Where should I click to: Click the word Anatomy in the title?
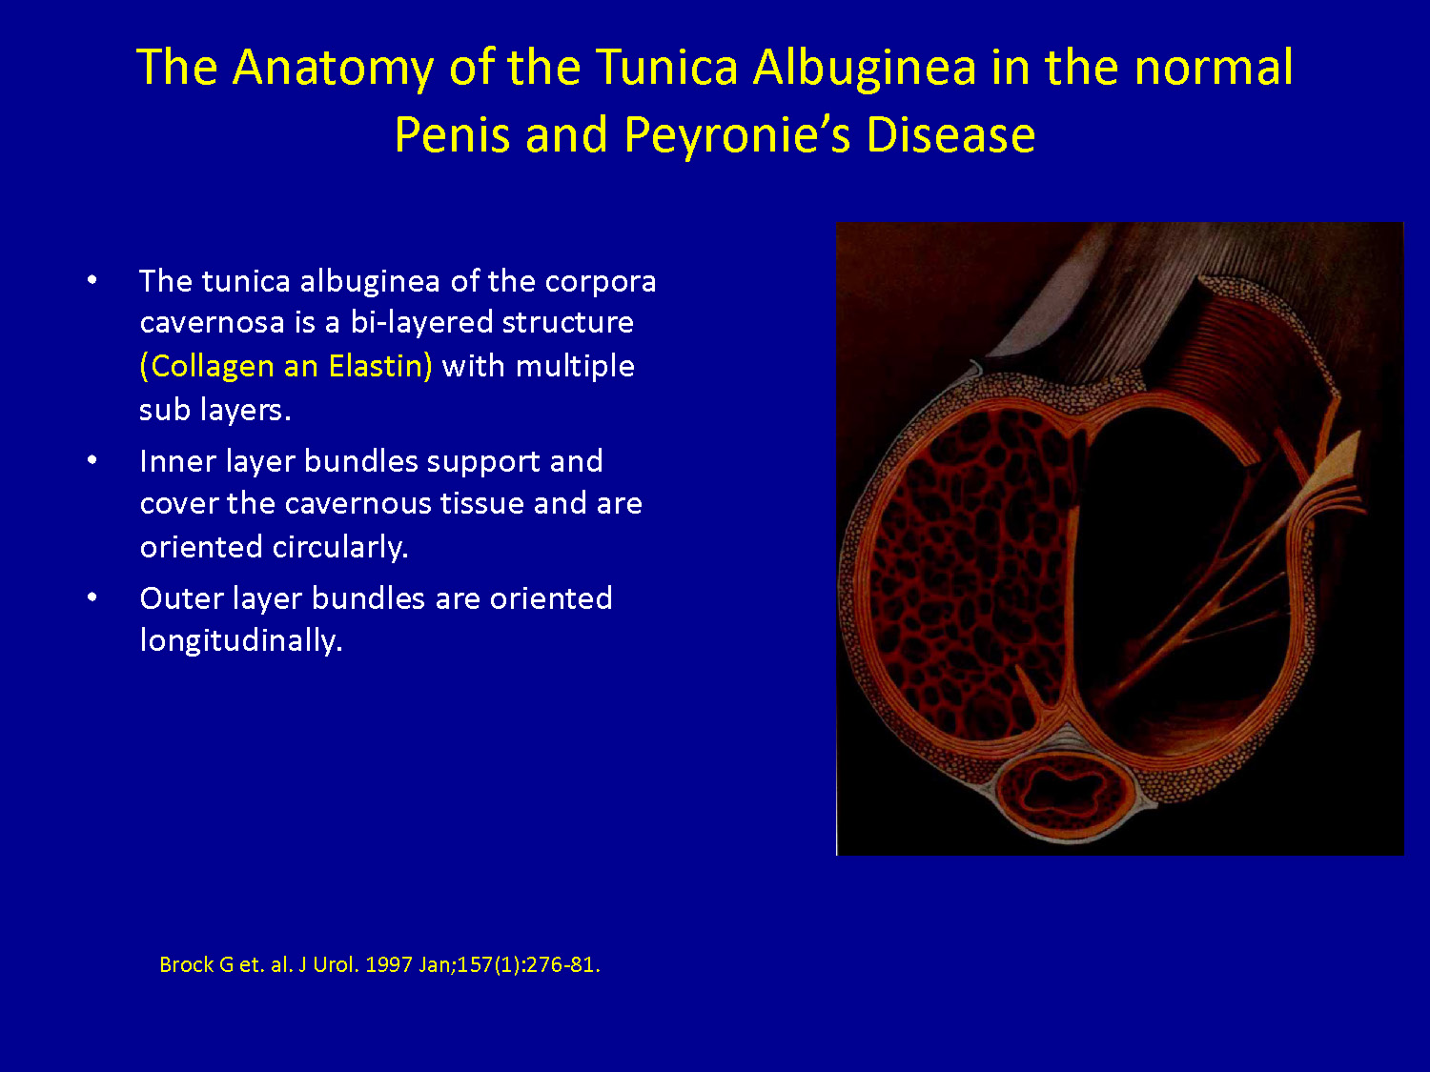click(x=333, y=69)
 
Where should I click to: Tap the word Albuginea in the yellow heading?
click(x=865, y=69)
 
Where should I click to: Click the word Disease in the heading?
click(x=951, y=134)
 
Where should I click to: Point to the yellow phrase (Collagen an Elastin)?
click(x=286, y=367)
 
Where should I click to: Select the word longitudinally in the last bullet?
click(x=241, y=640)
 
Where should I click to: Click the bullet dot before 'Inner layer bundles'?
click(x=92, y=460)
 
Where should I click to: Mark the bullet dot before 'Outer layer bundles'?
click(x=92, y=597)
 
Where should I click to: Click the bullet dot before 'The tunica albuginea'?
click(x=92, y=280)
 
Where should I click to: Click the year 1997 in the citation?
click(x=388, y=964)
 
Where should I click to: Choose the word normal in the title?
click(x=1213, y=68)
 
